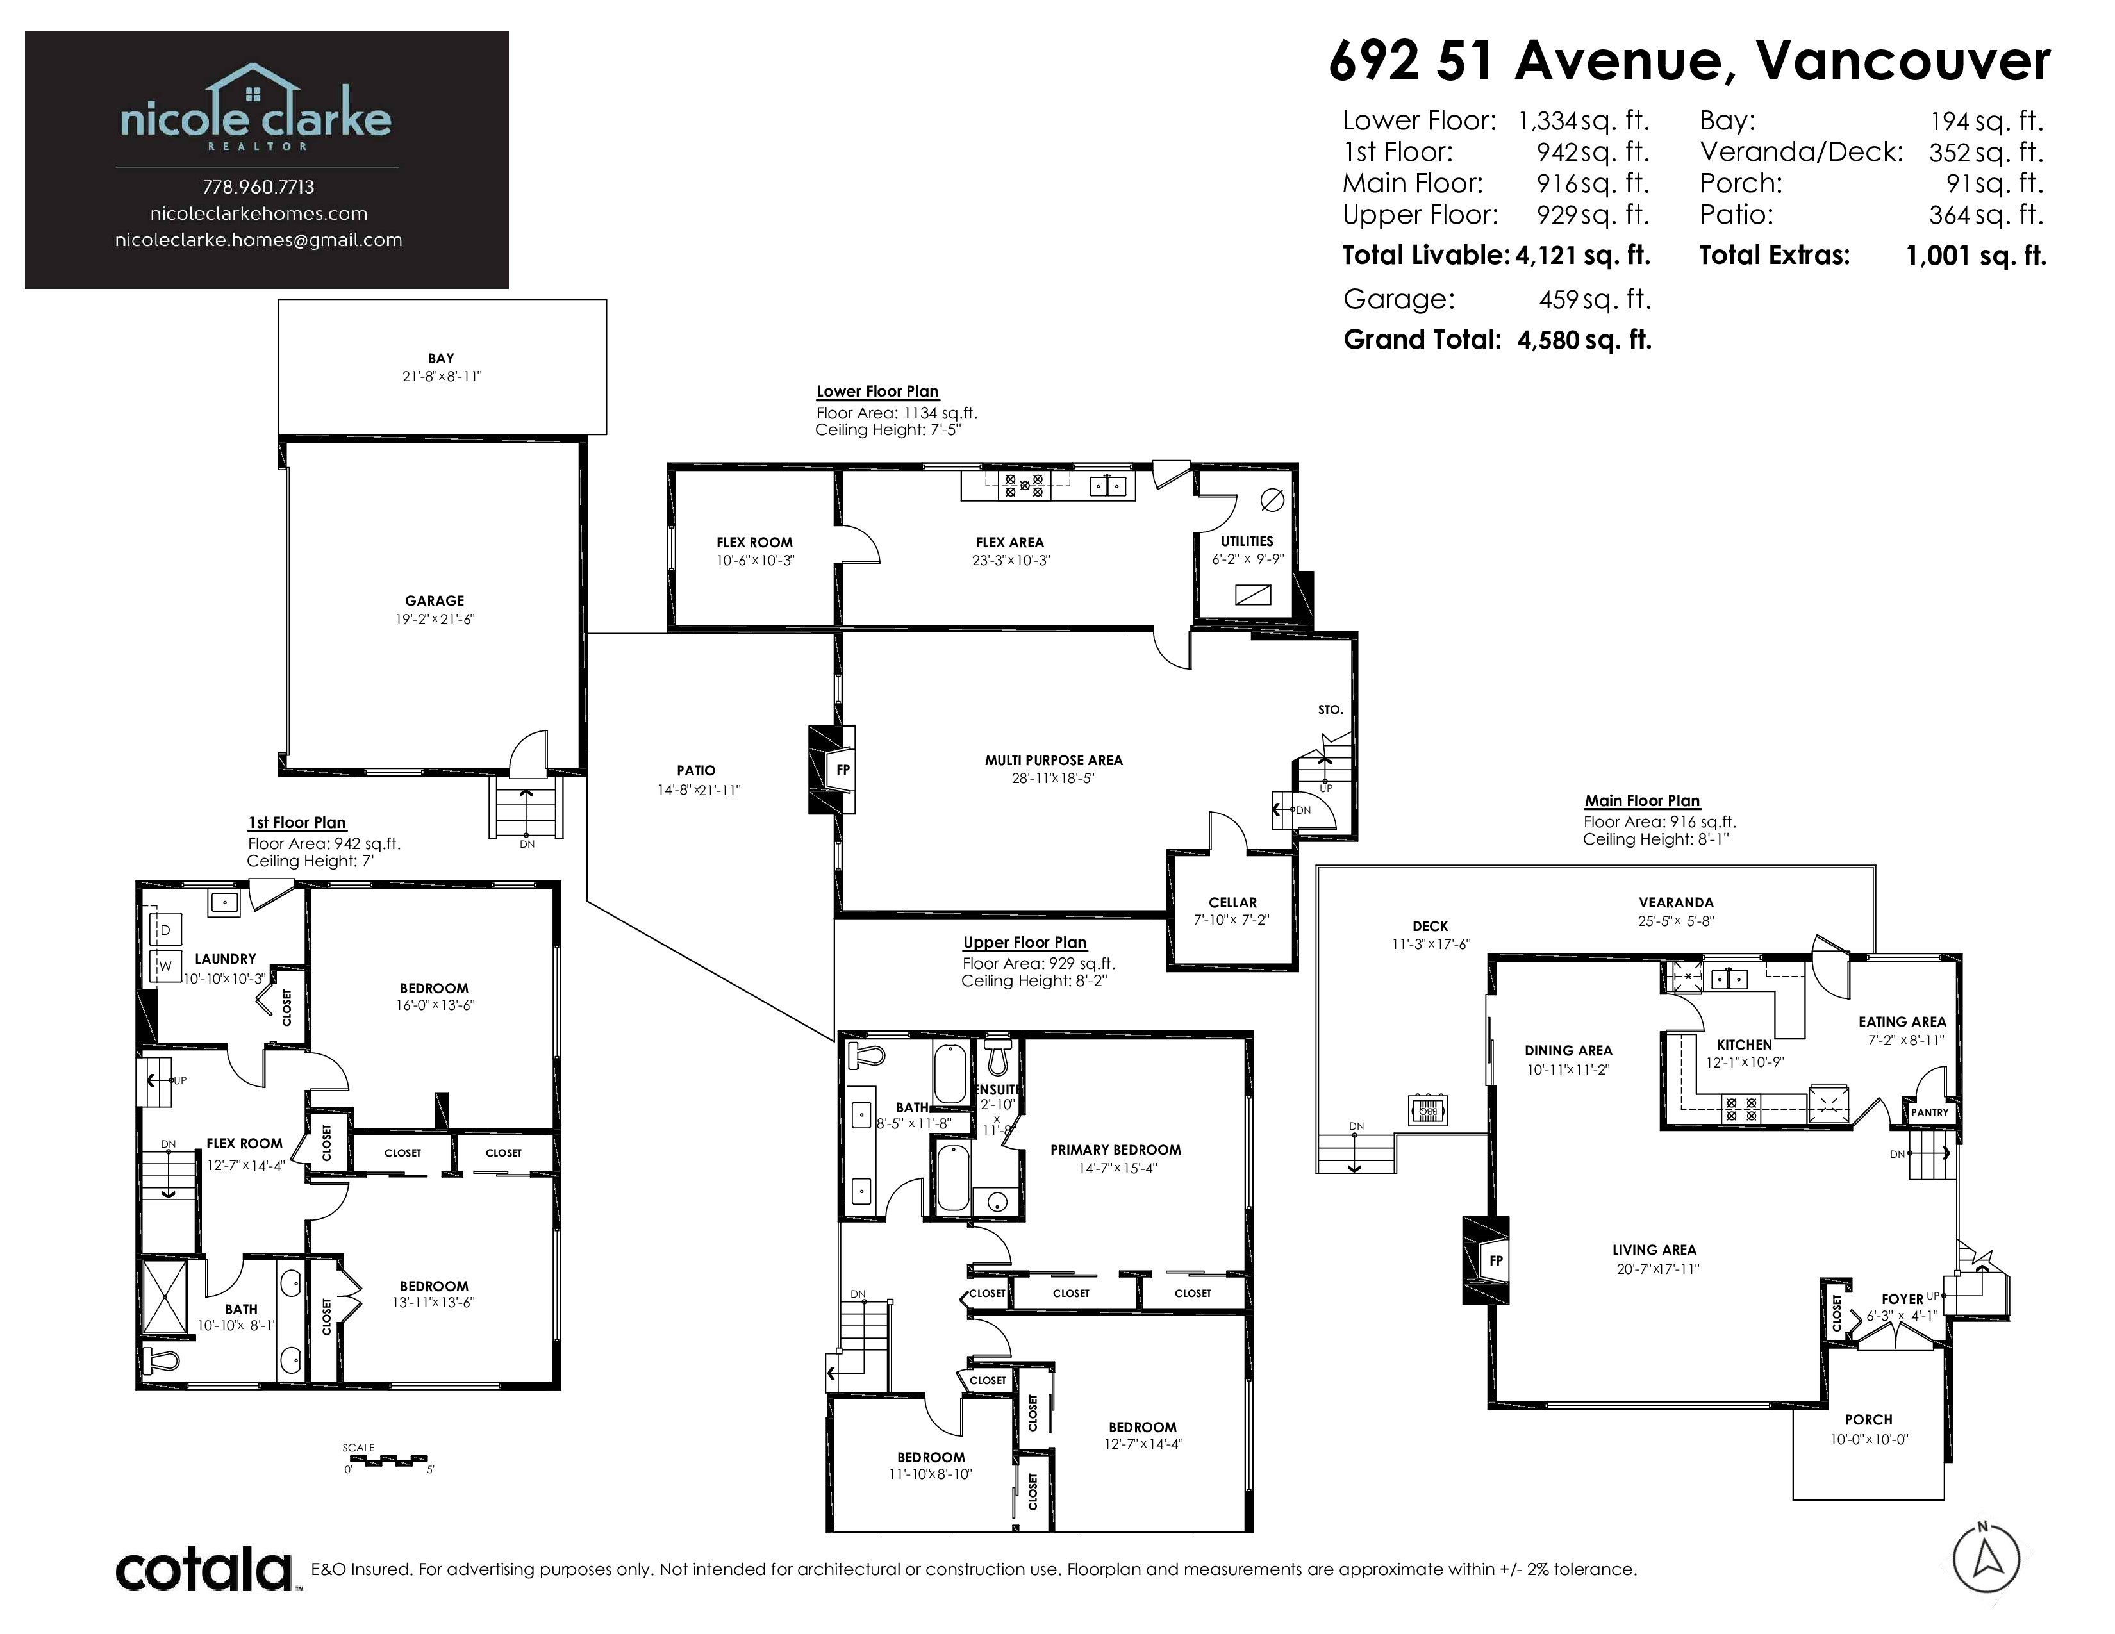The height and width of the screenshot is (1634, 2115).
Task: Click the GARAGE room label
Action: tap(434, 600)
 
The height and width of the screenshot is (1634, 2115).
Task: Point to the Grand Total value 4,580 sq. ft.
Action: tap(1584, 340)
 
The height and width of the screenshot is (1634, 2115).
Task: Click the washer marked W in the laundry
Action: tap(165, 965)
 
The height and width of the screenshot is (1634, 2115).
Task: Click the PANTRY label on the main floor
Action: tap(1929, 1112)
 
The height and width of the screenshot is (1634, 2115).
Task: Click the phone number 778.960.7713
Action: tap(258, 187)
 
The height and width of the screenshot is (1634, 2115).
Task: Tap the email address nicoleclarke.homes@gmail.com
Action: tap(258, 240)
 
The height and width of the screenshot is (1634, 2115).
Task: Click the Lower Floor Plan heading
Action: tap(877, 391)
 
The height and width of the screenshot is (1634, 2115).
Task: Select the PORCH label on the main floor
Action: tap(1868, 1420)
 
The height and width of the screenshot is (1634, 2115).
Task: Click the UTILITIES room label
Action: tap(1247, 541)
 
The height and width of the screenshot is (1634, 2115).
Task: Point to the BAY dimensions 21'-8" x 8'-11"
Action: tap(442, 377)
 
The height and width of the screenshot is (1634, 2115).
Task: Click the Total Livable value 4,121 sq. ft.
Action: tap(1582, 256)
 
